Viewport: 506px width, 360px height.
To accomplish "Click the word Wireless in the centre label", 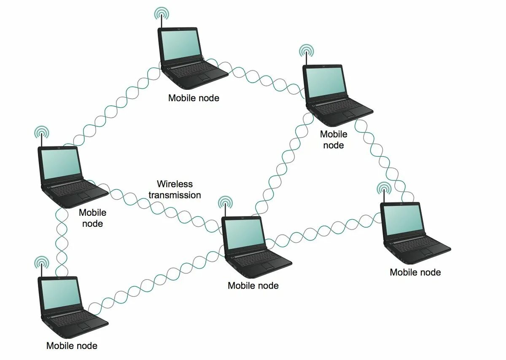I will pyautogui.click(x=175, y=184).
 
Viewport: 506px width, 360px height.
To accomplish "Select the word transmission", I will pyautogui.click(x=175, y=195).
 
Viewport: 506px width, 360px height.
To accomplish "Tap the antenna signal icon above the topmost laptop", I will pyautogui.click(x=161, y=14).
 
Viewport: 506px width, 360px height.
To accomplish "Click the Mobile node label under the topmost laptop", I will pyautogui.click(x=194, y=98).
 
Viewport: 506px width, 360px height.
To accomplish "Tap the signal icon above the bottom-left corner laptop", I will pyautogui.click(x=41, y=263).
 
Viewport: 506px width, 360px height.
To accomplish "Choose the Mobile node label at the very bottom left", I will pyautogui.click(x=72, y=346).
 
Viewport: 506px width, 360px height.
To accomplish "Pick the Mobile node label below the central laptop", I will pyautogui.click(x=253, y=285).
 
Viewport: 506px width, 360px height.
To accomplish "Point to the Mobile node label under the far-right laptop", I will pyautogui.click(x=415, y=272).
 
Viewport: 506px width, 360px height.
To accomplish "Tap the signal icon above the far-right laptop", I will pyautogui.click(x=383, y=188).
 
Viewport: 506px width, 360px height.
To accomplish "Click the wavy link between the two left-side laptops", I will pyautogui.click(x=62, y=240).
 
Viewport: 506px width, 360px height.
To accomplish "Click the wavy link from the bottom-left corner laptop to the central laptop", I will pyautogui.click(x=156, y=278).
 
